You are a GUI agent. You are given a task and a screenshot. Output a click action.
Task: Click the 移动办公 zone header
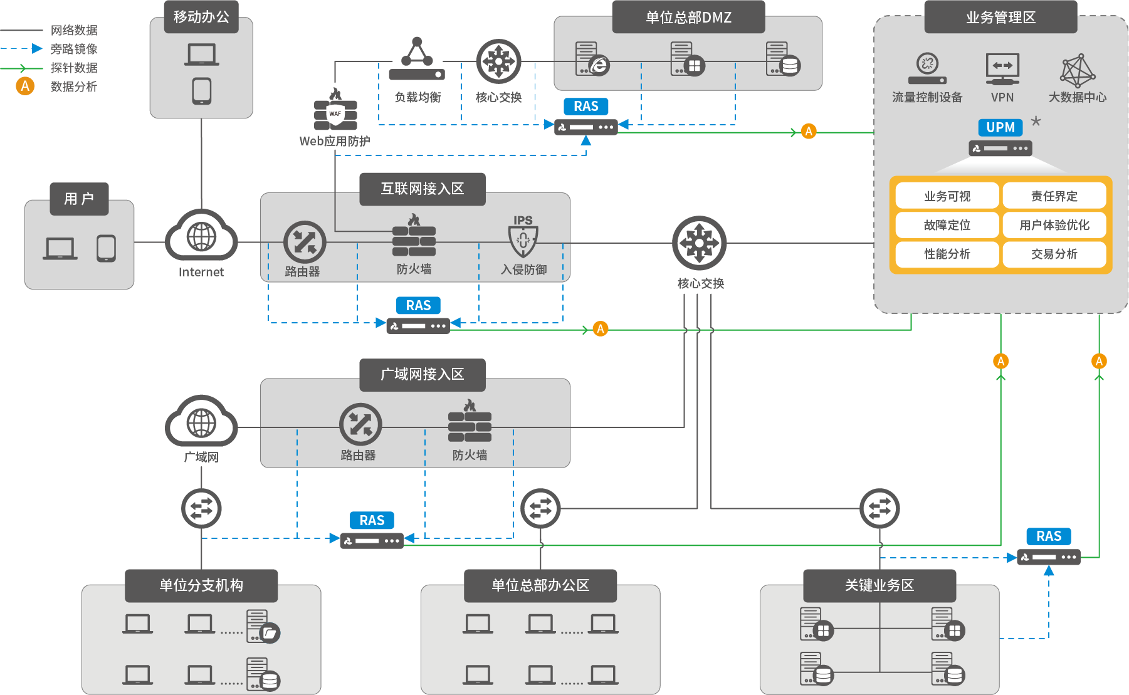(x=201, y=17)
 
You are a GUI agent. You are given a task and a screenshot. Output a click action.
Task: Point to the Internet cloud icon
(x=201, y=236)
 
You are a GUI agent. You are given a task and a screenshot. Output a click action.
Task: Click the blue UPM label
(x=1000, y=128)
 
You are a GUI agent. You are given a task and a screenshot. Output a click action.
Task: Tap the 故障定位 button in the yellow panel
(x=947, y=225)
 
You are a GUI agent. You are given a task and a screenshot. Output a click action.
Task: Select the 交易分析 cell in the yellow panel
(x=1054, y=254)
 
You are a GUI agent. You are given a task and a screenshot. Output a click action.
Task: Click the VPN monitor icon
(x=1002, y=68)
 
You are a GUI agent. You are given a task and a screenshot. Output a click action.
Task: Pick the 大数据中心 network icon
(x=1077, y=71)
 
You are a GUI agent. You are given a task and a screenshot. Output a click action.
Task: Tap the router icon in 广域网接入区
(x=360, y=424)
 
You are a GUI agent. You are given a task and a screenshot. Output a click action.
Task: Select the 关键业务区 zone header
(x=880, y=585)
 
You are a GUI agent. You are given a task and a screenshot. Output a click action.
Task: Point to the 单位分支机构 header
(x=201, y=585)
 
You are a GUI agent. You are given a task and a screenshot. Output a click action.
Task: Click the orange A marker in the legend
(x=25, y=86)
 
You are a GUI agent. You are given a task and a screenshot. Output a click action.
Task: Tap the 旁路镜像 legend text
(x=74, y=49)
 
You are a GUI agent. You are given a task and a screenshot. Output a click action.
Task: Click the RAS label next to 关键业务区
(x=1049, y=536)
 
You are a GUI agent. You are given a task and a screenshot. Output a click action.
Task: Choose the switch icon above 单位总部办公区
(x=540, y=508)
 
